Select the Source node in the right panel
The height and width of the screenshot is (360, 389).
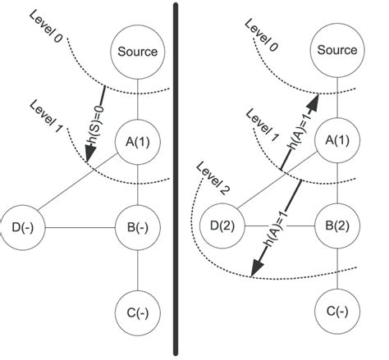[x=337, y=50]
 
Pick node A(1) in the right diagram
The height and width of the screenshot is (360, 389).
[x=337, y=139]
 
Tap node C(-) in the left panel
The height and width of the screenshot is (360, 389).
[x=137, y=312]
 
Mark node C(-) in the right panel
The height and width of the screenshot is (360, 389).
[x=337, y=312]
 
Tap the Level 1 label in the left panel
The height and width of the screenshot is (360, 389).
[x=45, y=117]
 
